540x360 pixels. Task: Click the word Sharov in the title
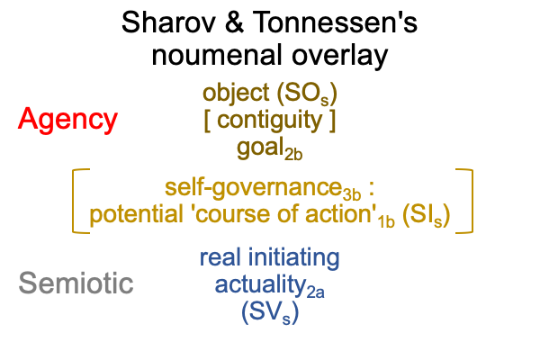coord(169,22)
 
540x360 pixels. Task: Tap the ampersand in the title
coord(234,22)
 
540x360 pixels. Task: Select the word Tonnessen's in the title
coord(335,22)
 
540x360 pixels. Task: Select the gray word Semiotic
coord(76,283)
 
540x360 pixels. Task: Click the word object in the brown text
coord(236,94)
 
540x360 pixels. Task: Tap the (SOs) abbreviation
coord(307,94)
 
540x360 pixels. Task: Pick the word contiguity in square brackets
coord(270,121)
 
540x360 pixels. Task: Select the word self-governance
coord(254,188)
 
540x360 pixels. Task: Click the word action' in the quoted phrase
coord(340,214)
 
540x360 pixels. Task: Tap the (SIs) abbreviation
coord(426,215)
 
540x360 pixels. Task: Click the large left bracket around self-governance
coord(73,202)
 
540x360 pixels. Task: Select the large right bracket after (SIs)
coord(472,202)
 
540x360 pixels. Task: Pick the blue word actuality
coord(261,286)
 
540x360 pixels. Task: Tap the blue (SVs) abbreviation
coord(270,313)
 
